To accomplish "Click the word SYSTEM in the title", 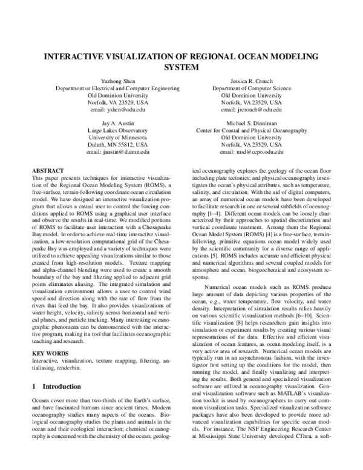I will click(x=181, y=67).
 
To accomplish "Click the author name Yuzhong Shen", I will click(x=117, y=81).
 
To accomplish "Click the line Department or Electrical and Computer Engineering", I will click(x=117, y=88).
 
